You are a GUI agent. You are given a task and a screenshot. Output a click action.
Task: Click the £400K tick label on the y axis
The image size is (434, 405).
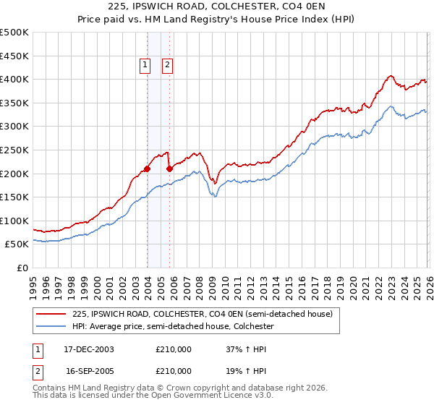14,79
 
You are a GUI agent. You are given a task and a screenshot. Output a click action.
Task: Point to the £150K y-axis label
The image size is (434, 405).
14,197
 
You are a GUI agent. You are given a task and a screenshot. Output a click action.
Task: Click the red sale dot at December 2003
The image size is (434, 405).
147,169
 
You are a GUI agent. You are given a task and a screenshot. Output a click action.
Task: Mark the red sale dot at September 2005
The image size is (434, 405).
169,169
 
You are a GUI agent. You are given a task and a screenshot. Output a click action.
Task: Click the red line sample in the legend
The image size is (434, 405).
51,314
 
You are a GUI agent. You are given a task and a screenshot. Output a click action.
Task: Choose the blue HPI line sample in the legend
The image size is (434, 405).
51,327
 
